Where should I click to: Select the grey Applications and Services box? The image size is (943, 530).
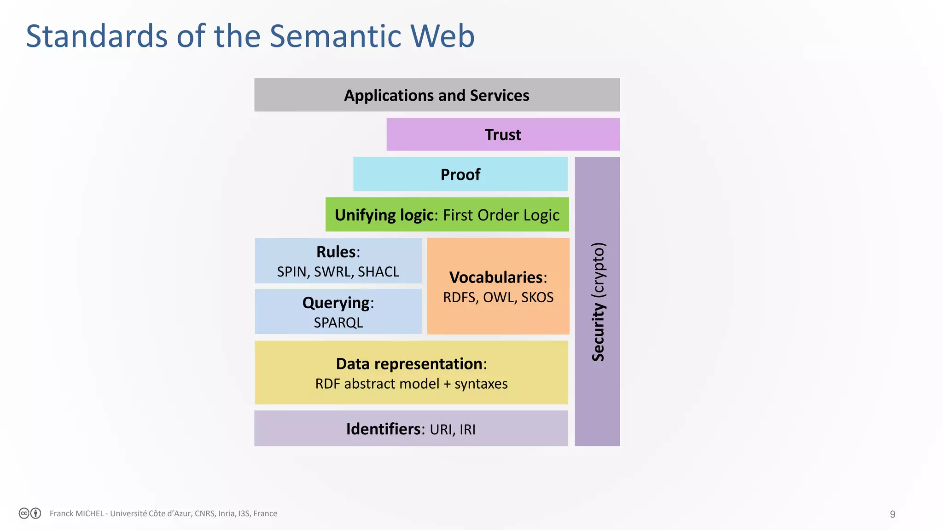click(437, 95)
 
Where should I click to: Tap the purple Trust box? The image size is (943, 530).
click(503, 135)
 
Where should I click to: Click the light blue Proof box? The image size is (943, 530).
click(460, 175)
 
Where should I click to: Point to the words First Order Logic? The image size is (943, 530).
click(501, 215)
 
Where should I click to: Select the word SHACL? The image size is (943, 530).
click(378, 272)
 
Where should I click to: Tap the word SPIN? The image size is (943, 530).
click(291, 272)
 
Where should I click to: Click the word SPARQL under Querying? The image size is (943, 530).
click(338, 323)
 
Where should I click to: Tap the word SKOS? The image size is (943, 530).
click(537, 298)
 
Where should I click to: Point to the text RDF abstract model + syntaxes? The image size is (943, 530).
click(411, 384)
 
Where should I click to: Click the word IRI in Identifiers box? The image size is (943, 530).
click(467, 430)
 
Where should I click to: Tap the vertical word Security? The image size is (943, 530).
click(598, 332)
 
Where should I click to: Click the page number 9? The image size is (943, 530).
click(892, 514)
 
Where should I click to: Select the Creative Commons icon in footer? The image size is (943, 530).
click(24, 513)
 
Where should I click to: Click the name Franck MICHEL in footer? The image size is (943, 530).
click(76, 513)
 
